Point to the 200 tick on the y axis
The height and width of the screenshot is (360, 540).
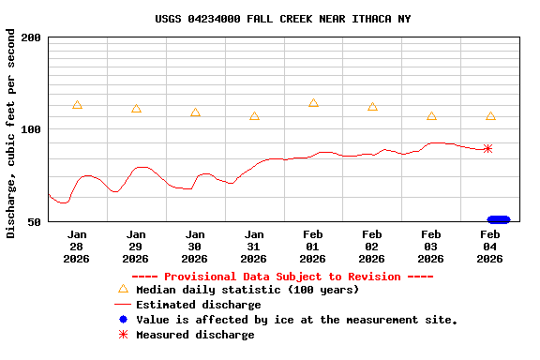click(x=31, y=37)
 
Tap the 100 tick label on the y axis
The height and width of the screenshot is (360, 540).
click(x=31, y=129)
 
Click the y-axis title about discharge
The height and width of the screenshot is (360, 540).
click(x=10, y=133)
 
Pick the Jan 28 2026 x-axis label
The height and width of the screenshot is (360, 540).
click(x=77, y=246)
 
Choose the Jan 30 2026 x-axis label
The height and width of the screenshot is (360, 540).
click(x=195, y=246)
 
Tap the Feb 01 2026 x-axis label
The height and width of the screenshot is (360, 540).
click(x=313, y=246)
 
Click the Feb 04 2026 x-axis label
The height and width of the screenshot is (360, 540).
click(x=490, y=246)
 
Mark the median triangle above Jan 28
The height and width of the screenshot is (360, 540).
click(x=77, y=105)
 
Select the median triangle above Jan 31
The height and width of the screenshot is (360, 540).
click(x=254, y=116)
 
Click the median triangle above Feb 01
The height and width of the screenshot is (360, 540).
click(x=313, y=103)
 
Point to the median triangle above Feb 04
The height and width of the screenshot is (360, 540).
click(x=490, y=116)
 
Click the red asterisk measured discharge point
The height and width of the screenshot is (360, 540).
click(x=487, y=148)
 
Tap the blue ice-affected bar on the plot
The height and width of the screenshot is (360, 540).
click(x=499, y=219)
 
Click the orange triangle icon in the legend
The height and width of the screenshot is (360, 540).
click(x=123, y=290)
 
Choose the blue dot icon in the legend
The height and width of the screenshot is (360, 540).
click(x=123, y=320)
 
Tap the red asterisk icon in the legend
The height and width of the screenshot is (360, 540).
click(x=123, y=335)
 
